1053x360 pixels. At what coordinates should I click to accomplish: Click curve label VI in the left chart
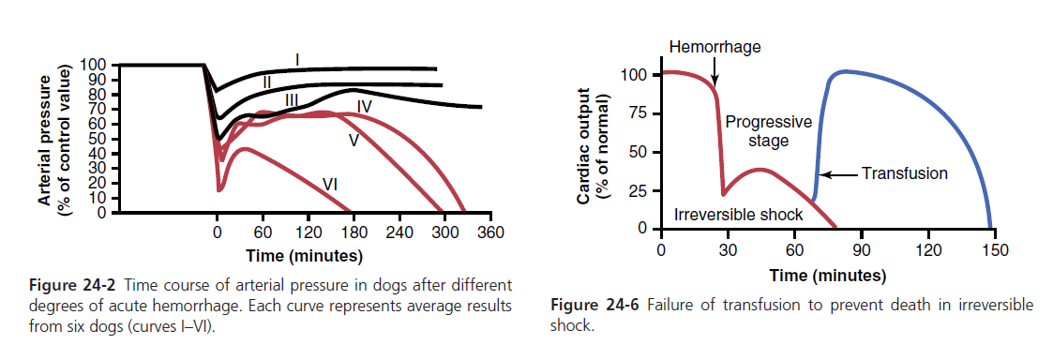(x=330, y=183)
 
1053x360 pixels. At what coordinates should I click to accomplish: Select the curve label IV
(x=365, y=106)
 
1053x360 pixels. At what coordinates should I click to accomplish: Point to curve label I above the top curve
(x=297, y=61)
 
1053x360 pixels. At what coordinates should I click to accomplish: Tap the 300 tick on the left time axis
(x=444, y=232)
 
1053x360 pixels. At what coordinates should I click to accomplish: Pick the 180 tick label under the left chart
(x=354, y=232)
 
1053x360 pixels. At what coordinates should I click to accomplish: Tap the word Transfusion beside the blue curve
(x=905, y=174)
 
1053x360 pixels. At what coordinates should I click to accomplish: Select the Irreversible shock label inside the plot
(x=739, y=215)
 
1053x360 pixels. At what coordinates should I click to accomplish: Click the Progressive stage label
(x=768, y=131)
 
